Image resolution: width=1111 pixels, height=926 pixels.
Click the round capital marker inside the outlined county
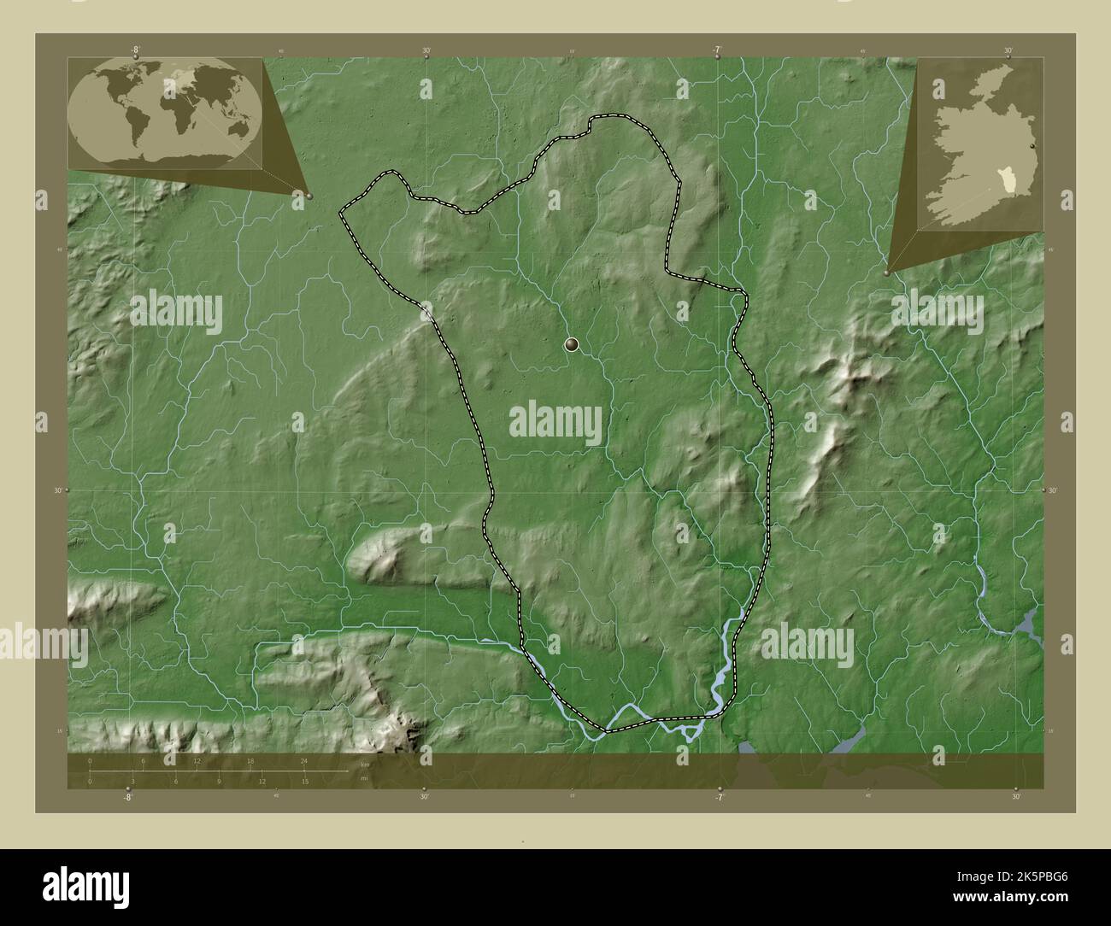pos(572,344)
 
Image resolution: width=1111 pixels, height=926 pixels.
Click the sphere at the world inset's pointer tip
pos(309,196)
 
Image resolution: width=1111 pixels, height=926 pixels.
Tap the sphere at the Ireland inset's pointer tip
pos(887,273)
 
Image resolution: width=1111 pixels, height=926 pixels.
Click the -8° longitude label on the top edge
pos(135,50)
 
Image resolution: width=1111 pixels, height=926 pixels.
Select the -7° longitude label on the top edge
pos(718,50)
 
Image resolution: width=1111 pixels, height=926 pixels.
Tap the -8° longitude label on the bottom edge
pos(127,797)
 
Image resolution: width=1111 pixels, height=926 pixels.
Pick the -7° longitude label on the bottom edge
pos(720,797)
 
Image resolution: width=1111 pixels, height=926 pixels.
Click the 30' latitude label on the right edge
pos(1052,490)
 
